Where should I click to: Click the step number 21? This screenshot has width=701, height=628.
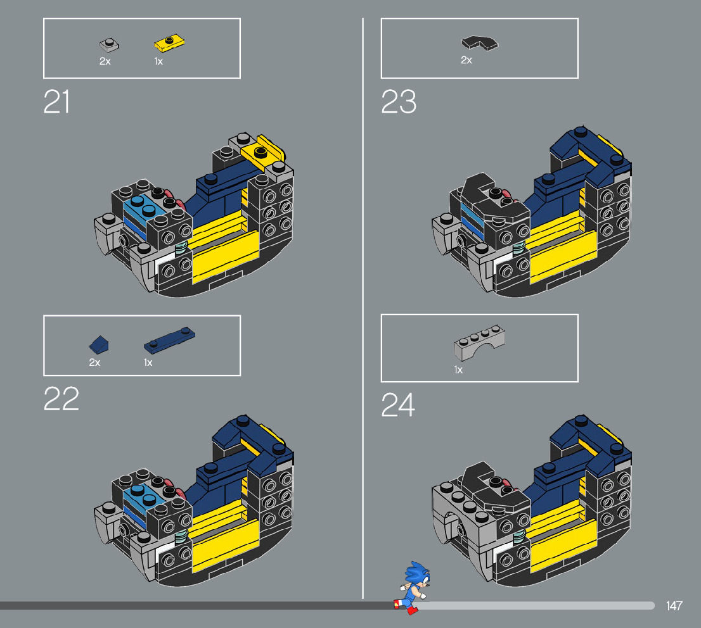56,102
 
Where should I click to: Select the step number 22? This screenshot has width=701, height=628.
61,398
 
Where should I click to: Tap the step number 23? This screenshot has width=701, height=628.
398,102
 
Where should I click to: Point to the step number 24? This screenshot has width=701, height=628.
398,405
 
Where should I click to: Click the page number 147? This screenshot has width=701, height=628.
674,606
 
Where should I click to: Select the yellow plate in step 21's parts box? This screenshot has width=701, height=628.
169,43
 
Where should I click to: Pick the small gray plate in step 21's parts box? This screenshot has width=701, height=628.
109,45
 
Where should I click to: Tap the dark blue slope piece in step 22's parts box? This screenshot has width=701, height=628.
99,344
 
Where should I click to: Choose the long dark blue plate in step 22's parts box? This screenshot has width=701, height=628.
169,339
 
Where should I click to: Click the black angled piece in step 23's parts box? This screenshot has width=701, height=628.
479,43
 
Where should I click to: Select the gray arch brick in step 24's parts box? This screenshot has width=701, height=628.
479,343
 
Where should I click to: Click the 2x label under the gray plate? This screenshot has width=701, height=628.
105,61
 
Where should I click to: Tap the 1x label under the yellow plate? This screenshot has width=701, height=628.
158,61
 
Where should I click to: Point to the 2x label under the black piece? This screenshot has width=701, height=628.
466,60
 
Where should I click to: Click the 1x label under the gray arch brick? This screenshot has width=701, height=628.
458,369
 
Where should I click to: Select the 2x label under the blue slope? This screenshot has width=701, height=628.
94,362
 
